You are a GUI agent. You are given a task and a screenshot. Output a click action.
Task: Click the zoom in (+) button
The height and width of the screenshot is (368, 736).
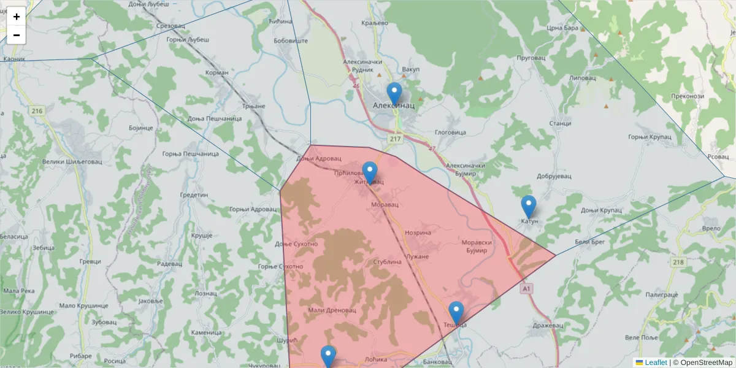click(x=17, y=17)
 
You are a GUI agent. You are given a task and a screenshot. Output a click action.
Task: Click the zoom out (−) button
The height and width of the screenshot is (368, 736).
click(x=17, y=35)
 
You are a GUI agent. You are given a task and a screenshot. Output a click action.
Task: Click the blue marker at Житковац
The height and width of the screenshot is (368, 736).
click(x=369, y=174)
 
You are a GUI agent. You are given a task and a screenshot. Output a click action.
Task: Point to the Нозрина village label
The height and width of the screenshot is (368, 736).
click(x=418, y=232)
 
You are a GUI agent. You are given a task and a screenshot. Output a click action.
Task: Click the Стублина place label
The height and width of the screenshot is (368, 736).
click(x=387, y=262)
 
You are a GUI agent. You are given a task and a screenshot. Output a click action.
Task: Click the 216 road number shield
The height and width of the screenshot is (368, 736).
click(x=37, y=111)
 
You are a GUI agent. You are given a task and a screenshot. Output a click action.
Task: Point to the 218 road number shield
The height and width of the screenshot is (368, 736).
click(x=678, y=263)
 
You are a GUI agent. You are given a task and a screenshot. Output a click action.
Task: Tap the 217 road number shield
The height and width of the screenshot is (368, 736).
click(x=394, y=139)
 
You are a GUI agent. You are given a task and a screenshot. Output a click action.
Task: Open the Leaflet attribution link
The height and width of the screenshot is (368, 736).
click(x=656, y=362)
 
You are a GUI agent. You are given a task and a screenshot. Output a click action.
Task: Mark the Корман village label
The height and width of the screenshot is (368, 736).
click(x=218, y=72)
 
